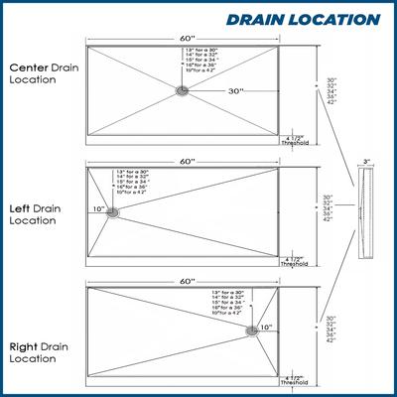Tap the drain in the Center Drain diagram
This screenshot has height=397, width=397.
183,90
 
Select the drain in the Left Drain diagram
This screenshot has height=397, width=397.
113,211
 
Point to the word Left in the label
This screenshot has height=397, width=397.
20,209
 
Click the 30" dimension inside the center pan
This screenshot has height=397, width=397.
235,90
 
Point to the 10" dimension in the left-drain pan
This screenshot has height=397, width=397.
98,209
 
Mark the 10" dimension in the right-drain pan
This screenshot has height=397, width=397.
266,327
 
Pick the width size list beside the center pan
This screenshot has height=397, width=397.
331,91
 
